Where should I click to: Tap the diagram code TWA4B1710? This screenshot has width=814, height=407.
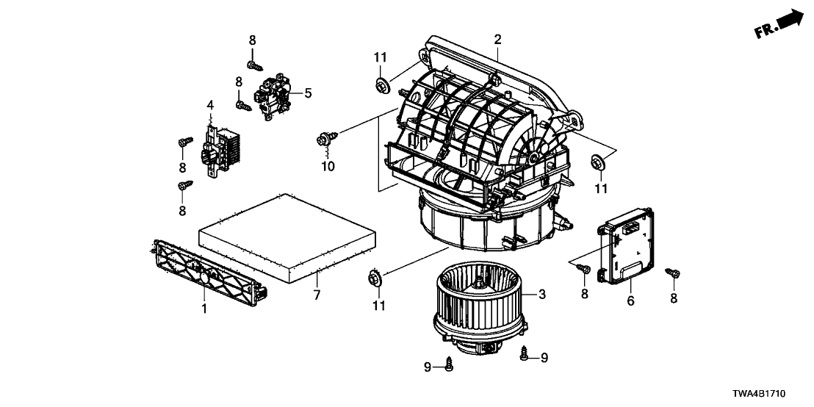pos(774,394)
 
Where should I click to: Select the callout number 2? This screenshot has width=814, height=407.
pos(497,39)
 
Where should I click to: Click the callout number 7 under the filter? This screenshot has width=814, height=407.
pos(317,295)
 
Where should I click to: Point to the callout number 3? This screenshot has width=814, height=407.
pos(542,295)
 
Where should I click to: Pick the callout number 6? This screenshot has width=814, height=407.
pos(630,301)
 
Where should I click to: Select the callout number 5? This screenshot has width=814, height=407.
pos(308,93)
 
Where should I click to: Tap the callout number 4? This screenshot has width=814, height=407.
pos(210,106)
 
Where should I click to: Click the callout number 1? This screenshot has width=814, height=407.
pos(203,309)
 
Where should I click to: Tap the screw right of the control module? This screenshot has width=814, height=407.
pos(672,274)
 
